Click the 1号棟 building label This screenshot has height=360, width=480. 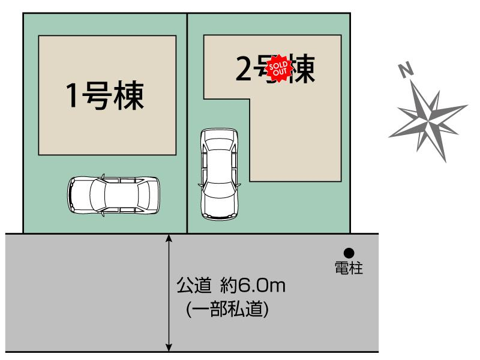pyautogui.click(x=106, y=96)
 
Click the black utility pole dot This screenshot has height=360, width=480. pyautogui.click(x=349, y=253)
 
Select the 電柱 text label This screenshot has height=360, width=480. pyautogui.click(x=349, y=268)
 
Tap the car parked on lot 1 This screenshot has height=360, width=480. pyautogui.click(x=114, y=194)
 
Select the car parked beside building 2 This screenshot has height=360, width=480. pyautogui.click(x=218, y=173)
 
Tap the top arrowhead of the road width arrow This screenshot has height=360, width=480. pyautogui.click(x=169, y=239)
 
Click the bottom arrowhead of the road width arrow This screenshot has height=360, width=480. pyautogui.click(x=169, y=346)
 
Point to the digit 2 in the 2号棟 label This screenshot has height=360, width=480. pyautogui.click(x=244, y=70)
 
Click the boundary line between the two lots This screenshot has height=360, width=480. pyautogui.click(x=187, y=120)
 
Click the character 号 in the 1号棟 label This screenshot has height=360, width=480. pyautogui.click(x=100, y=96)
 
